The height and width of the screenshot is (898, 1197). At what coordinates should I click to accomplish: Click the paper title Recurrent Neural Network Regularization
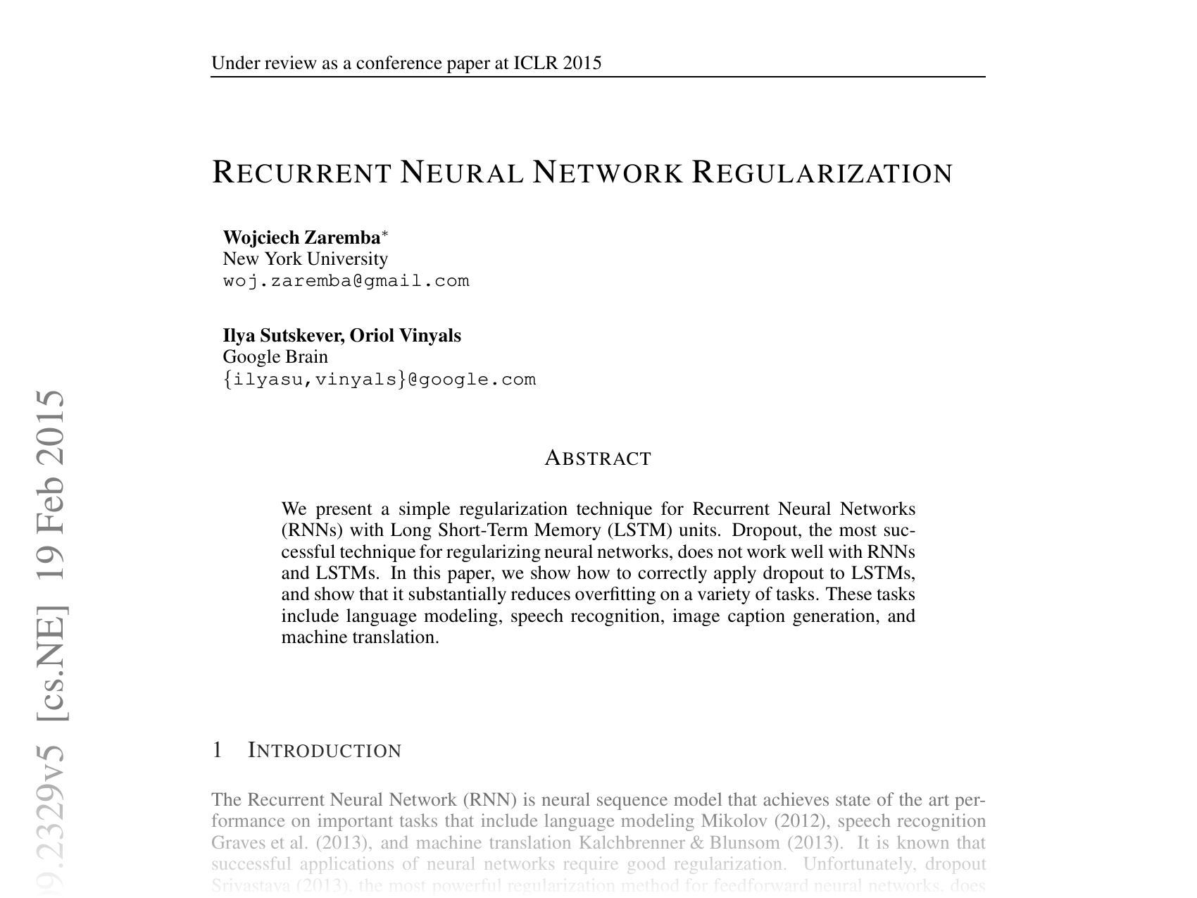tap(582, 173)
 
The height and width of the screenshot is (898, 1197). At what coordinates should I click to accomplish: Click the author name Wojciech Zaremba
tap(301, 237)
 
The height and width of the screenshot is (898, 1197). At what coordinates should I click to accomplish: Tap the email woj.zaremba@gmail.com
tap(346, 281)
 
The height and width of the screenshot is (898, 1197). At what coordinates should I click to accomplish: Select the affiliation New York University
tap(305, 259)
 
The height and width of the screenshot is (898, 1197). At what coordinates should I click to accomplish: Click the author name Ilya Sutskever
tap(282, 335)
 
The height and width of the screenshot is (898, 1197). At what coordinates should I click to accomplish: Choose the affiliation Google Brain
tap(275, 357)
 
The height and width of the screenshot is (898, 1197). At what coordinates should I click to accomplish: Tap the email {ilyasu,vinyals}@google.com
tap(380, 380)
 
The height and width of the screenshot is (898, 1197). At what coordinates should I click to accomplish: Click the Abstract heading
tap(598, 459)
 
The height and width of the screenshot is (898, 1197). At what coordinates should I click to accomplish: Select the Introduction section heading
tap(325, 751)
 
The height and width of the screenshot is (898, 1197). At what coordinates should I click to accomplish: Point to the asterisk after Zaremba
tap(384, 233)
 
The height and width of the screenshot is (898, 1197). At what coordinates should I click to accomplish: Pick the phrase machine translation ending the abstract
tap(359, 637)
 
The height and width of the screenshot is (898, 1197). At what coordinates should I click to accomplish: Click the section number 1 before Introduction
tap(218, 751)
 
